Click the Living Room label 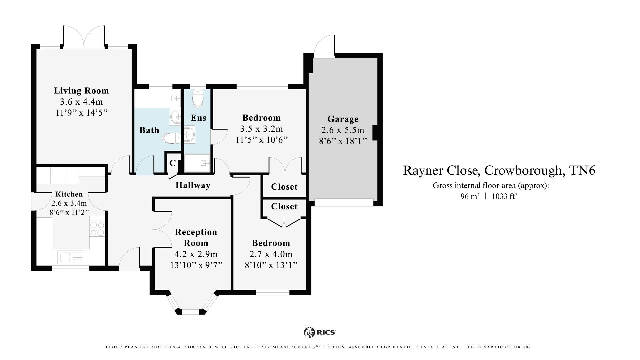(x=81, y=91)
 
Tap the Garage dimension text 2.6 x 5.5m (x=343, y=130)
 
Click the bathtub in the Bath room (x=157, y=98)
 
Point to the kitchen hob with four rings (x=97, y=229)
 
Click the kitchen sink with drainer (x=71, y=257)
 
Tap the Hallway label (x=193, y=185)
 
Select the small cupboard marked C (x=172, y=163)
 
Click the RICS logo (x=319, y=332)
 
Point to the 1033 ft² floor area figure (x=504, y=196)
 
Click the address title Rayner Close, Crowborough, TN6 (x=499, y=170)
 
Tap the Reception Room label (x=196, y=237)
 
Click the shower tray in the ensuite (x=197, y=163)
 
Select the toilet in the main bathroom (x=172, y=138)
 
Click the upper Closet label (x=284, y=187)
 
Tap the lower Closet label (x=284, y=206)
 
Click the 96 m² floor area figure (x=470, y=196)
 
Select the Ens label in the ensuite (x=198, y=118)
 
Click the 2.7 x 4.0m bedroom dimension (x=271, y=254)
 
